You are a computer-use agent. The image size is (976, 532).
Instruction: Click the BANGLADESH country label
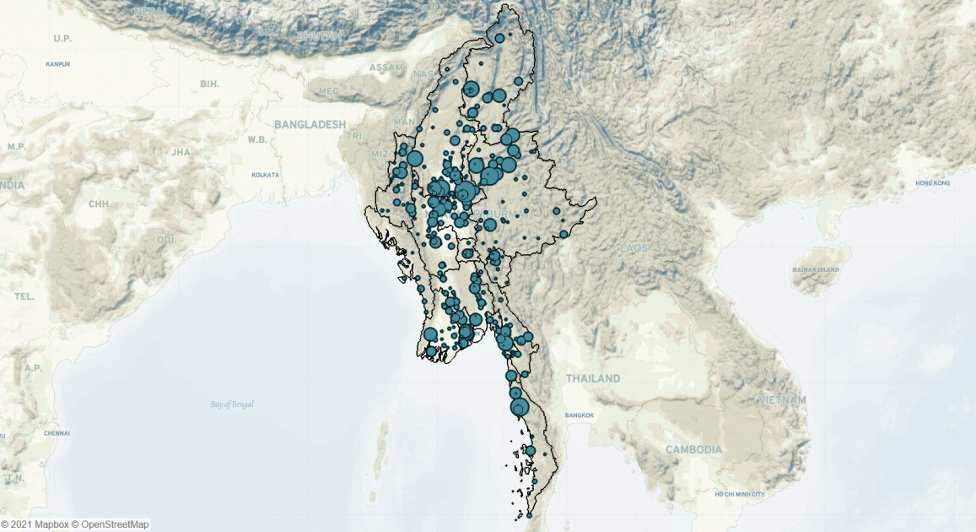(x=310, y=124)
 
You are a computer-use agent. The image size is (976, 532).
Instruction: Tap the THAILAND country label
(x=593, y=378)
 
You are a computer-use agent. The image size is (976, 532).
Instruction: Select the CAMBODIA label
(x=693, y=449)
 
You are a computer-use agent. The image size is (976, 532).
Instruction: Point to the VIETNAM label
(x=782, y=399)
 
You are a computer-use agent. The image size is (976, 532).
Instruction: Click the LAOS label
(x=633, y=248)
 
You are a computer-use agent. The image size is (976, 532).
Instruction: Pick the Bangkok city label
(x=580, y=415)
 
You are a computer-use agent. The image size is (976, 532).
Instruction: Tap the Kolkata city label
(x=265, y=175)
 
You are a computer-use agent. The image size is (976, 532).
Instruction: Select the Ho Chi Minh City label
(x=739, y=494)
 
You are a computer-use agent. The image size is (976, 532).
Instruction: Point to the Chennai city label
(x=57, y=433)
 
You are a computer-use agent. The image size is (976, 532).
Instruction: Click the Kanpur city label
(x=58, y=63)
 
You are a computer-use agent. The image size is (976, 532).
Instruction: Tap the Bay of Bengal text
(x=232, y=404)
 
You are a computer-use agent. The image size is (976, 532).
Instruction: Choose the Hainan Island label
(x=816, y=269)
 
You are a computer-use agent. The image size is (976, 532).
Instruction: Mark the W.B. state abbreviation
(x=257, y=138)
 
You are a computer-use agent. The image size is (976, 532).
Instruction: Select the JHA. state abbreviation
(x=181, y=152)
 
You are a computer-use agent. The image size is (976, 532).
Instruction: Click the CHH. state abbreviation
(x=100, y=204)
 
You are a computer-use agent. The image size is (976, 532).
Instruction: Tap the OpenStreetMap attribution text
(x=114, y=524)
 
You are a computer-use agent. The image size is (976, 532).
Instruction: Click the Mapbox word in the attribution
(x=51, y=524)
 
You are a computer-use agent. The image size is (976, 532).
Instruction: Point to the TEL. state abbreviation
(x=24, y=296)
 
